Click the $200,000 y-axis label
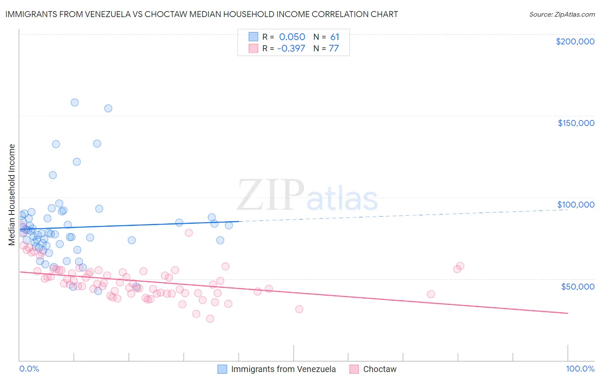(575, 41)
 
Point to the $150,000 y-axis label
(576, 123)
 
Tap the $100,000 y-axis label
(576, 205)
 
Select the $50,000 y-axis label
(577, 286)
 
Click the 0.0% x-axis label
(29, 369)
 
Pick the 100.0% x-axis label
(580, 369)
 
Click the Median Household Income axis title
(12, 195)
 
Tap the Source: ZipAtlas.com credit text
(562, 14)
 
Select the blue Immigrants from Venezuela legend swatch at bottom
(222, 369)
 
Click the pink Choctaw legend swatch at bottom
(354, 369)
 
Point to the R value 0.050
(292, 37)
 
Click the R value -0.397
(291, 48)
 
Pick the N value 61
(335, 37)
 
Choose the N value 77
(334, 48)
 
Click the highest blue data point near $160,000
(75, 103)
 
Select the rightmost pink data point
(460, 266)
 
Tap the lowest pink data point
(210, 319)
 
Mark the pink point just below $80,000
(189, 233)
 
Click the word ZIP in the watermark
(270, 195)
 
